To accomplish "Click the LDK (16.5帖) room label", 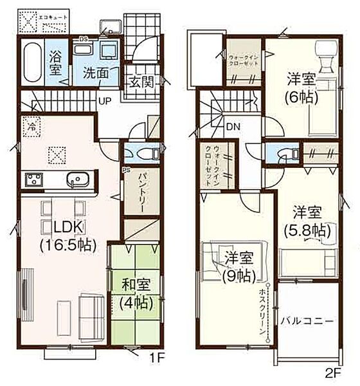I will coord(66,235).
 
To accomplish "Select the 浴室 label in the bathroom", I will coord(56,63).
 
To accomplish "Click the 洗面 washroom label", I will coord(100,75).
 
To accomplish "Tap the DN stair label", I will coord(233,127).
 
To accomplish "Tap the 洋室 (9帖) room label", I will coord(239,267).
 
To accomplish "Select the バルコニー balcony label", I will coord(306,320).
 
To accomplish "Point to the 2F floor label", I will coord(332,371).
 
